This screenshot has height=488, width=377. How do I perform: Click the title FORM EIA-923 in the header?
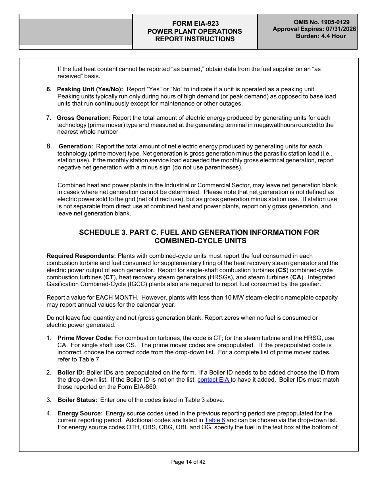(x=194, y=24)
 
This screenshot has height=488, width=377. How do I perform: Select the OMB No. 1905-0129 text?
(x=321, y=23)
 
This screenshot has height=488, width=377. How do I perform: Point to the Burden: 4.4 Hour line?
(x=321, y=36)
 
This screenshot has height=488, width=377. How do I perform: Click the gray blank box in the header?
(x=76, y=32)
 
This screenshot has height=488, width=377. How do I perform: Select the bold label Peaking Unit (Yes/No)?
(x=90, y=89)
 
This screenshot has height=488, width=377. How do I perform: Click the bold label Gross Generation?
(x=84, y=118)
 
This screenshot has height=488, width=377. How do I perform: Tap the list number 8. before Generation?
(x=49, y=146)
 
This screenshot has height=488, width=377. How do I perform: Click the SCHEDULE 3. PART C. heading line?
(x=199, y=232)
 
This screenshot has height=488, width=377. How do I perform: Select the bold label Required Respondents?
(x=81, y=256)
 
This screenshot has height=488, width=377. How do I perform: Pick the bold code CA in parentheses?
(x=296, y=277)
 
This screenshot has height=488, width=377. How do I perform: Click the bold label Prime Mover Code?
(x=85, y=338)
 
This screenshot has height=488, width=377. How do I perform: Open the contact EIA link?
(x=214, y=380)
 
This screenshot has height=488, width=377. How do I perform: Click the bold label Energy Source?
(x=80, y=413)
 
